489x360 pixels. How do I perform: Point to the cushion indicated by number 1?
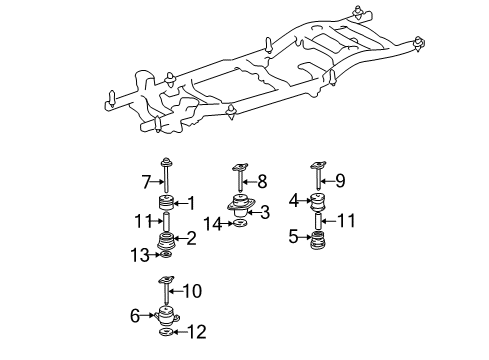[166, 205]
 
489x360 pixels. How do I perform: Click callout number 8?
[263, 182]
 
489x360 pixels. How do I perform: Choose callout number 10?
[191, 292]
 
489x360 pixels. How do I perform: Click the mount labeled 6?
[167, 319]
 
